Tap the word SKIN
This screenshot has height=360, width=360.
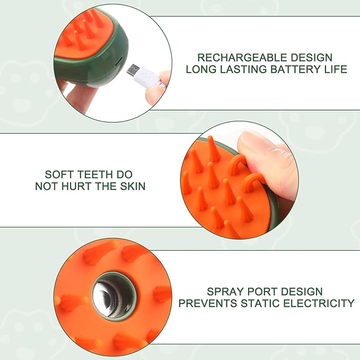(x=133, y=187)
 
